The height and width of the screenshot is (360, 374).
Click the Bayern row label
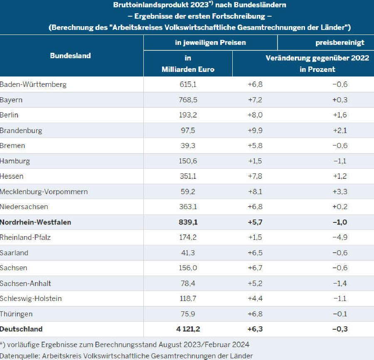(12, 100)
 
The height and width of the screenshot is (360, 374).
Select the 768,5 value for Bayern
(188, 100)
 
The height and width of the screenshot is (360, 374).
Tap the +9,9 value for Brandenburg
(255, 131)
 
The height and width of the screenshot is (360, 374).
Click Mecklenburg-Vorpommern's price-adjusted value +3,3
(340, 192)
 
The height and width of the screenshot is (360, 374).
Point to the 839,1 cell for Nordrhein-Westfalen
(188, 222)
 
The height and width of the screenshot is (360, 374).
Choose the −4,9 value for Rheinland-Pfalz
(340, 238)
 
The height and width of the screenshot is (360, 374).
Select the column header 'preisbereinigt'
(340, 42)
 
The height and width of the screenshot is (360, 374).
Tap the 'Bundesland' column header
(71, 56)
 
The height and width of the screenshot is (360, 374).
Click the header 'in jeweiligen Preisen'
(210, 42)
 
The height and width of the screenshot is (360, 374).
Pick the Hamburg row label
(15, 161)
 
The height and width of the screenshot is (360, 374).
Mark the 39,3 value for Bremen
(188, 145)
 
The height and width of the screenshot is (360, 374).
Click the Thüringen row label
(16, 314)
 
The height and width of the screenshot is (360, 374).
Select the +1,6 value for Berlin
(340, 115)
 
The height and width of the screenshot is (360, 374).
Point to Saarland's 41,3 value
(188, 253)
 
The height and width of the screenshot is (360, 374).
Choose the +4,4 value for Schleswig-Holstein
(255, 298)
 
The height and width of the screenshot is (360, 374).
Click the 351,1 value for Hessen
(188, 176)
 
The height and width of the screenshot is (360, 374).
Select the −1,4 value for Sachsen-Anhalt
(340, 284)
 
